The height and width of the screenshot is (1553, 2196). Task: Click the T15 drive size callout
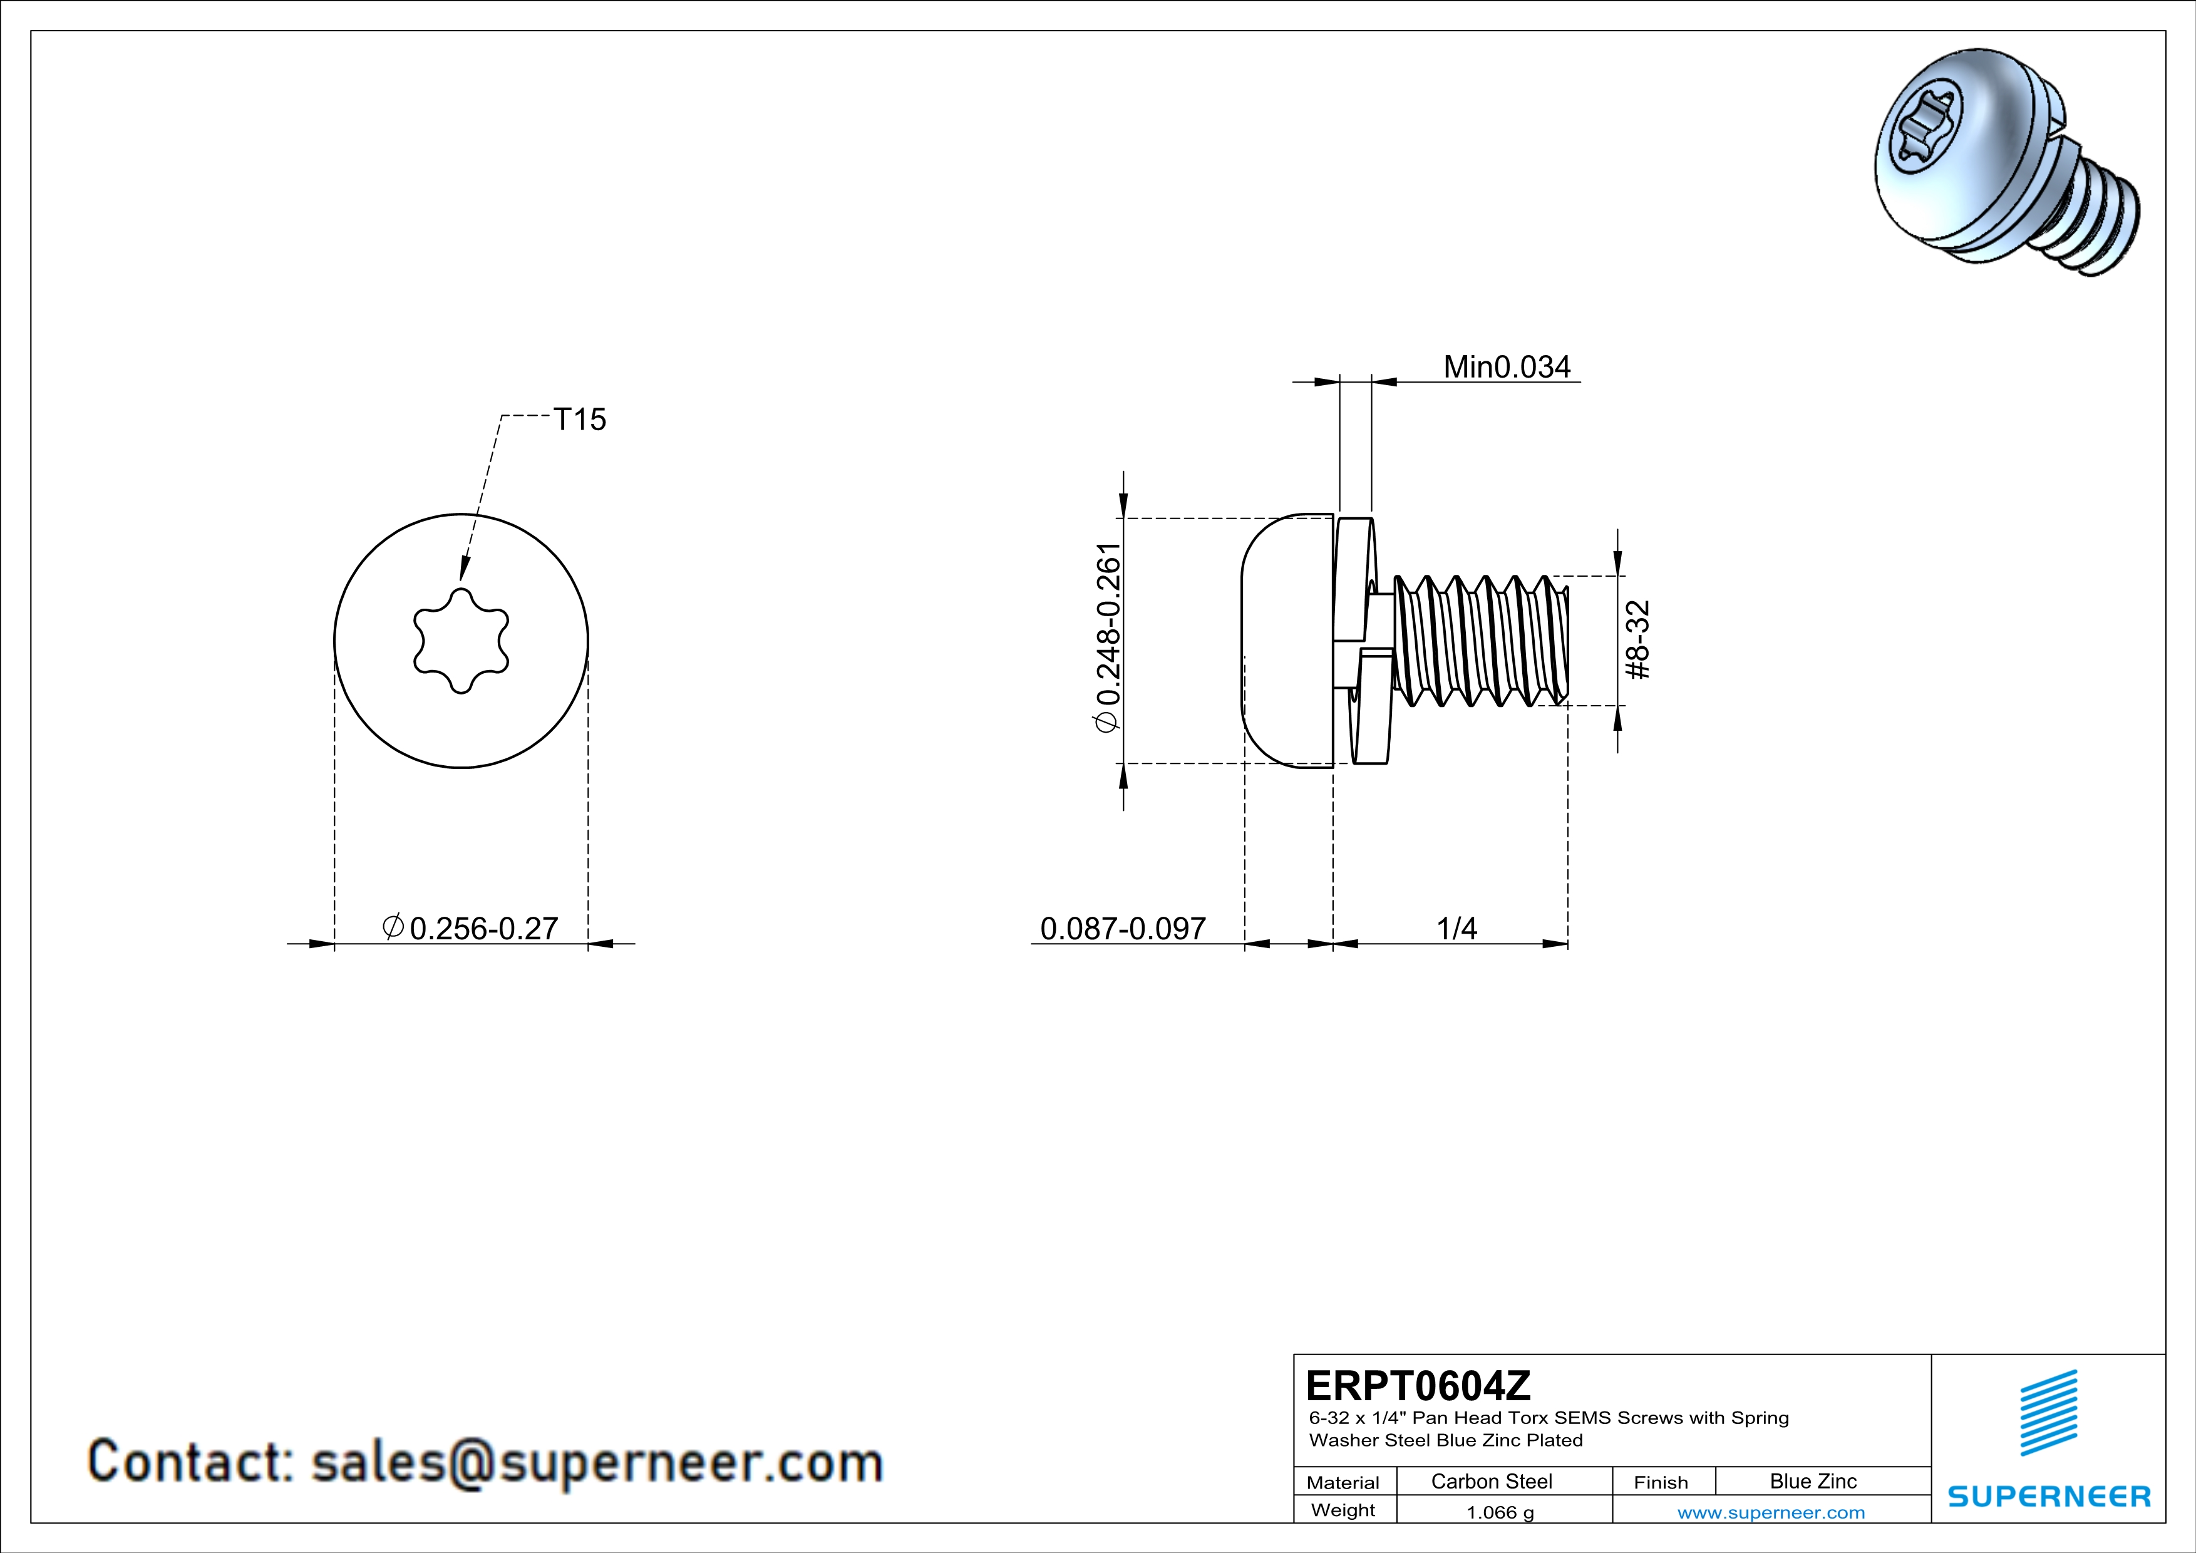[580, 420]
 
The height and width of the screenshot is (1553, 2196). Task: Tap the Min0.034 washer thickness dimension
[1507, 367]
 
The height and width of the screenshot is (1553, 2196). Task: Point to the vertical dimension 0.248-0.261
[1108, 638]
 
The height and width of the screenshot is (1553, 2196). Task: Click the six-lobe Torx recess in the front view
[461, 640]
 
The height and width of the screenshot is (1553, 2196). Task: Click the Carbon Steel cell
[1491, 1481]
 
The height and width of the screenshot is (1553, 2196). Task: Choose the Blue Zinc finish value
[1812, 1481]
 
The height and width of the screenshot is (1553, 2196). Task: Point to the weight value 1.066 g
[1500, 1512]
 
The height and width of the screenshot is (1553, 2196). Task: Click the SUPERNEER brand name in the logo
[2049, 1497]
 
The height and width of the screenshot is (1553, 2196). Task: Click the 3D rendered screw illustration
[2004, 163]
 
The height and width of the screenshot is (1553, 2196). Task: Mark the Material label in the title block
[1343, 1482]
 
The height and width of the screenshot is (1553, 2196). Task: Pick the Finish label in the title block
[1661, 1482]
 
